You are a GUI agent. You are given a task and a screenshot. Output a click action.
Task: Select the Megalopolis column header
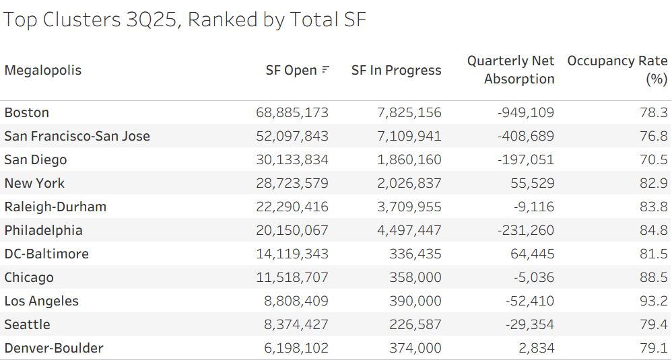pos(43,70)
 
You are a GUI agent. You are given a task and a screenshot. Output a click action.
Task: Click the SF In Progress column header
pos(396,70)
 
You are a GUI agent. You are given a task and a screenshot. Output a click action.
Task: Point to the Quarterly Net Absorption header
pos(510,70)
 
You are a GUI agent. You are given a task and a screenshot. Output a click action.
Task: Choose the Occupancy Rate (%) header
pos(617,70)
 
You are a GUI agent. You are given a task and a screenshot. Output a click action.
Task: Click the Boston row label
pos(27,112)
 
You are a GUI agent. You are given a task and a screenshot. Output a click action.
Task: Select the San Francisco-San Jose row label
pos(77,136)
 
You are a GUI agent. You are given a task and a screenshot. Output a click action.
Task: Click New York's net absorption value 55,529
pos(531,183)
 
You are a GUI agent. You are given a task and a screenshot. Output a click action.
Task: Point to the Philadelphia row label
pos(43,230)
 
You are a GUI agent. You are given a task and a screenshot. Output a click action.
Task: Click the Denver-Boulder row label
pos(54,348)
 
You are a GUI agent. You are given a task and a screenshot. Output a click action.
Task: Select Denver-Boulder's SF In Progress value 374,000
pos(415,348)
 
